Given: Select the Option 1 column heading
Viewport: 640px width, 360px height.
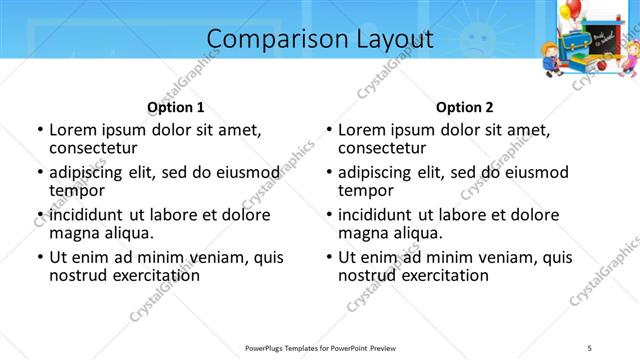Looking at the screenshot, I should [x=175, y=107].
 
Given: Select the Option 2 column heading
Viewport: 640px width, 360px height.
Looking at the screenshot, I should [x=464, y=107].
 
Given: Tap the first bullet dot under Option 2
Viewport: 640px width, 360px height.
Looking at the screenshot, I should [x=329, y=130].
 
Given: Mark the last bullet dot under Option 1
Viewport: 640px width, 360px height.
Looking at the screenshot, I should [x=40, y=257].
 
